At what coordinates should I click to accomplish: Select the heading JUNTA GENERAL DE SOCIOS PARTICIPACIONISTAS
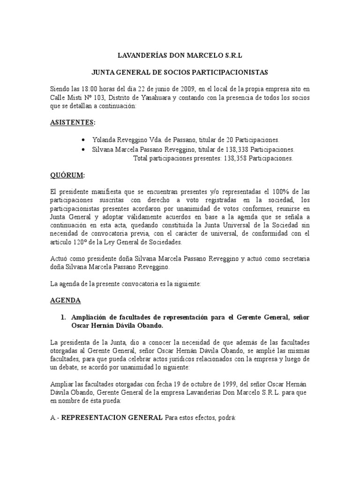coord(180,73)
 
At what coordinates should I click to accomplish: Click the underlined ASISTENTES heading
coord(72,122)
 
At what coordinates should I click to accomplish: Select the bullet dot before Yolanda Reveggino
coord(83,140)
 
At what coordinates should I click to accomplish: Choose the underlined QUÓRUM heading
coord(67,175)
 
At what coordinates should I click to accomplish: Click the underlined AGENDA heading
coord(65,300)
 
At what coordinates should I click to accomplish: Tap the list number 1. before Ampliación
coord(64,317)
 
